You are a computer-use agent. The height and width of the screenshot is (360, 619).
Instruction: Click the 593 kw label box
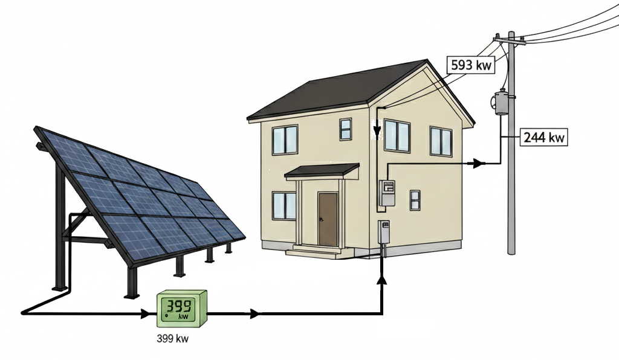point(470,65)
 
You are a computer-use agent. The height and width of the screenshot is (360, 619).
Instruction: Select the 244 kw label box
point(544,137)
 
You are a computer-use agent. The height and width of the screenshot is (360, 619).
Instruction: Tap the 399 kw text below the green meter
point(172,339)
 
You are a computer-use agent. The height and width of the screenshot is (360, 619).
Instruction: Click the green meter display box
point(181,307)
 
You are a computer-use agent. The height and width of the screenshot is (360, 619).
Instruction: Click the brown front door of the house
point(328,219)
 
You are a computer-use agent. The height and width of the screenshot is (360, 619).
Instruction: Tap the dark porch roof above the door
point(322,171)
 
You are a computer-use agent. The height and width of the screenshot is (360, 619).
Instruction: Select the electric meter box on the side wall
point(386,194)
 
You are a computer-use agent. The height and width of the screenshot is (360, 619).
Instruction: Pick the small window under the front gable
point(345,129)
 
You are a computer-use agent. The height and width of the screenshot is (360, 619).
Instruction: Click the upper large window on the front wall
point(285,139)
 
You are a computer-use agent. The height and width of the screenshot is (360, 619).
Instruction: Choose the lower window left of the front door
point(284,205)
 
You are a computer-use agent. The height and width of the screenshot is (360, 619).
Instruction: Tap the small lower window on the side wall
point(415,200)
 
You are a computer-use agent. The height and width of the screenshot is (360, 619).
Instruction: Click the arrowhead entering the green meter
point(146,313)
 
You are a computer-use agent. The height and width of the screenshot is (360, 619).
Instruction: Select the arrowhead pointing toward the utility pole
point(478,163)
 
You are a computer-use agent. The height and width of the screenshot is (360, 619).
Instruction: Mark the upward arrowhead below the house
point(382,278)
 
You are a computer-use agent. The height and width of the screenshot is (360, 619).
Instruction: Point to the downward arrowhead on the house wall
point(377,131)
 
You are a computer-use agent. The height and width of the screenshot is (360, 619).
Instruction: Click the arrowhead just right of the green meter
point(254,313)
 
